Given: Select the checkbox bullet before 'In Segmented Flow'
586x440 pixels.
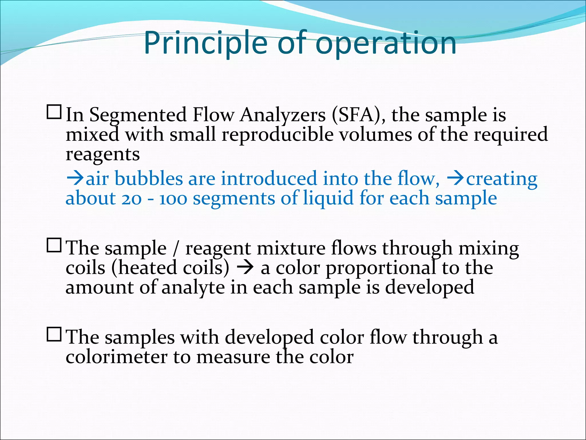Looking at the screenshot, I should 54,112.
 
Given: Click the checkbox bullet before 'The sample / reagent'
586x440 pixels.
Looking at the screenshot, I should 54,245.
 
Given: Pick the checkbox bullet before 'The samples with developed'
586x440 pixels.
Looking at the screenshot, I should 54,334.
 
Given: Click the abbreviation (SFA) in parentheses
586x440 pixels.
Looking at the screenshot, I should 359,115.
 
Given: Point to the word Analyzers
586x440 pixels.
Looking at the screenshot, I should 283,115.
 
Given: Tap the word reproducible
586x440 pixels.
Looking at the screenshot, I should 278,135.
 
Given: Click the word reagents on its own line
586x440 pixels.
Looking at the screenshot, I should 103,155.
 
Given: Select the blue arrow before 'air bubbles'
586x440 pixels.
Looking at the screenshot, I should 75,179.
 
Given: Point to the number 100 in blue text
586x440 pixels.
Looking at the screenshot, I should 173,199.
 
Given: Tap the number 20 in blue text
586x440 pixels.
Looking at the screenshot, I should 131,199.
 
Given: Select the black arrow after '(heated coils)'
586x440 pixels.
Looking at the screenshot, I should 245,268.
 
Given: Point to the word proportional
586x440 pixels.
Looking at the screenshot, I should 381,268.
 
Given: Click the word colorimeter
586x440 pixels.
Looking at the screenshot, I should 116,357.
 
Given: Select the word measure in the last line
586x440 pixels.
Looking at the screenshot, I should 233,357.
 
